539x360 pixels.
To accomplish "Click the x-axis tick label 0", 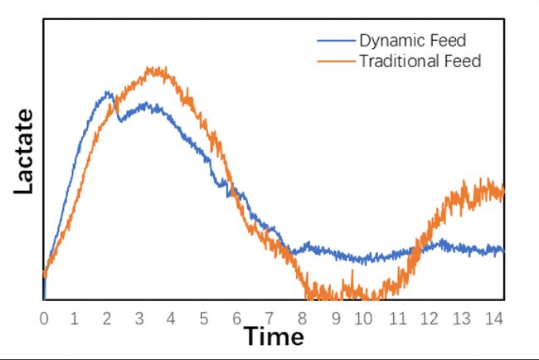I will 44,317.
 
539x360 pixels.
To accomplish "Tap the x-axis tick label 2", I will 108,317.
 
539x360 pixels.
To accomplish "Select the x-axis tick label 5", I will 204,317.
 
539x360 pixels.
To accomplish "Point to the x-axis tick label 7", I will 269,317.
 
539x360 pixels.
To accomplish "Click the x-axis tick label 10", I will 365,317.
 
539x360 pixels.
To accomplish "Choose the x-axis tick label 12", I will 429,317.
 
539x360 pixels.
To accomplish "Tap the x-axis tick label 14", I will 493,317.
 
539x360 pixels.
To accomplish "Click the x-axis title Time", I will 274,337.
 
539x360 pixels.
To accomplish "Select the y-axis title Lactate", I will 24,152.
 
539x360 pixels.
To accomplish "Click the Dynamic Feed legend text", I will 412,40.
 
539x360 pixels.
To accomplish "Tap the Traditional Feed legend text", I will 420,61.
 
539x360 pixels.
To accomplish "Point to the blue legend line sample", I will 336,41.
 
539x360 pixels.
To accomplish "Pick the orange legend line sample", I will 336,61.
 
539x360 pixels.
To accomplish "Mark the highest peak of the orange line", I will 153,69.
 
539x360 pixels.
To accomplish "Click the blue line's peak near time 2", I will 108,93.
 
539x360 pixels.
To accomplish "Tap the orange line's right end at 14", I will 503,192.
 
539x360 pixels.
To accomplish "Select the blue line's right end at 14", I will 503,250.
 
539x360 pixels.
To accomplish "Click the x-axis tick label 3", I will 140,317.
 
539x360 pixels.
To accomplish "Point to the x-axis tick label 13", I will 461,317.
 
